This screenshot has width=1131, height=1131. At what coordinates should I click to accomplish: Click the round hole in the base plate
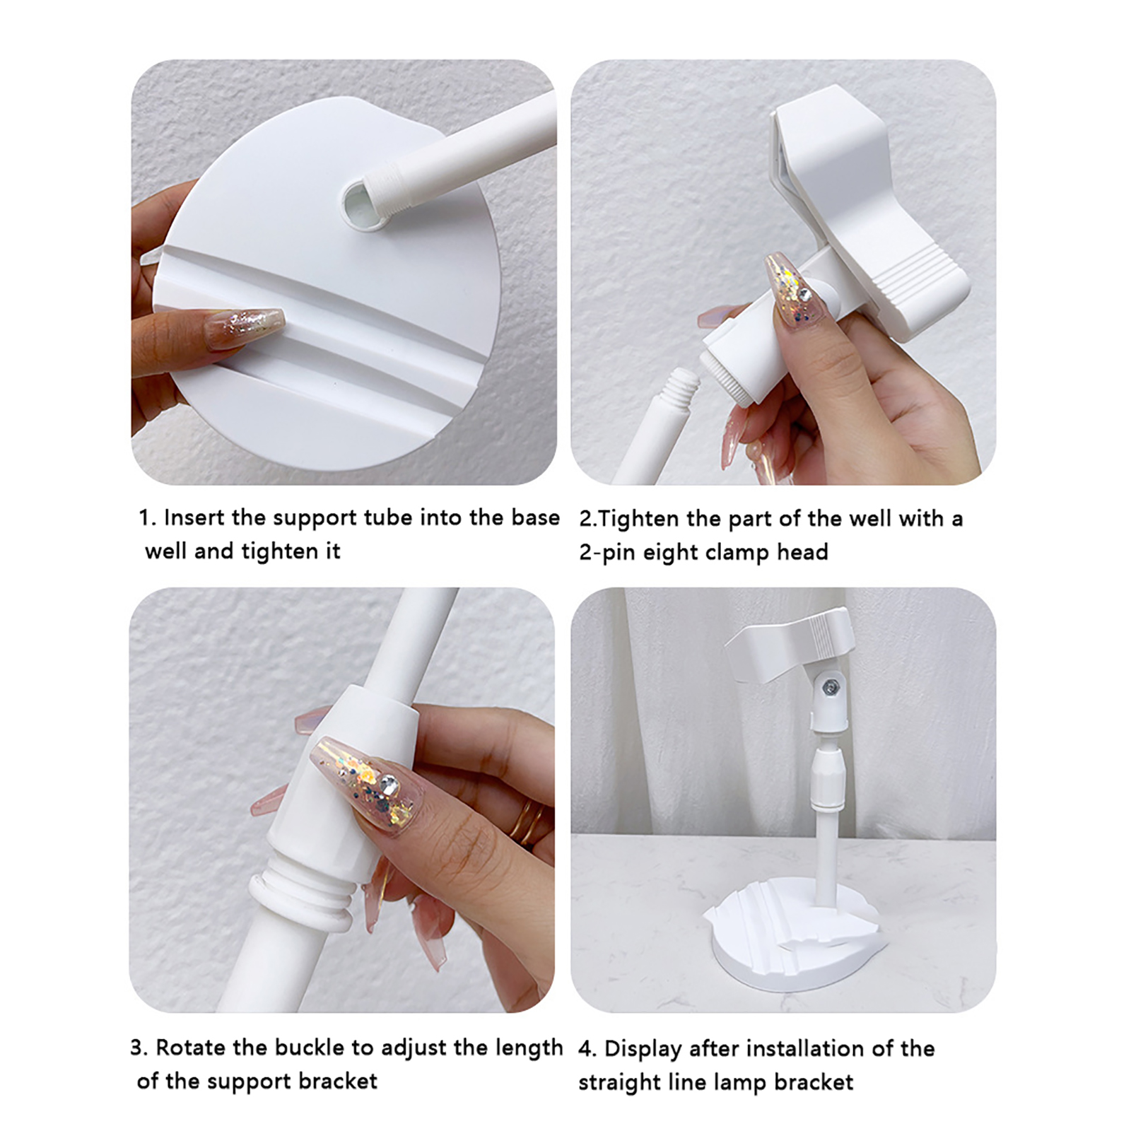pos(364,204)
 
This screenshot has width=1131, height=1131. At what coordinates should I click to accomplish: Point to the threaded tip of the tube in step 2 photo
pos(684,386)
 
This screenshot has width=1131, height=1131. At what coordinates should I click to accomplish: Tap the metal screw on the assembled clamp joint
pos(832,686)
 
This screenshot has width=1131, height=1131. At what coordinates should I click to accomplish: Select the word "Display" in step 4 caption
pos(643,1049)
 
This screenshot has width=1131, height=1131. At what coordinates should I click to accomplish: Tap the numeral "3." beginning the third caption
pos(139,1048)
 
